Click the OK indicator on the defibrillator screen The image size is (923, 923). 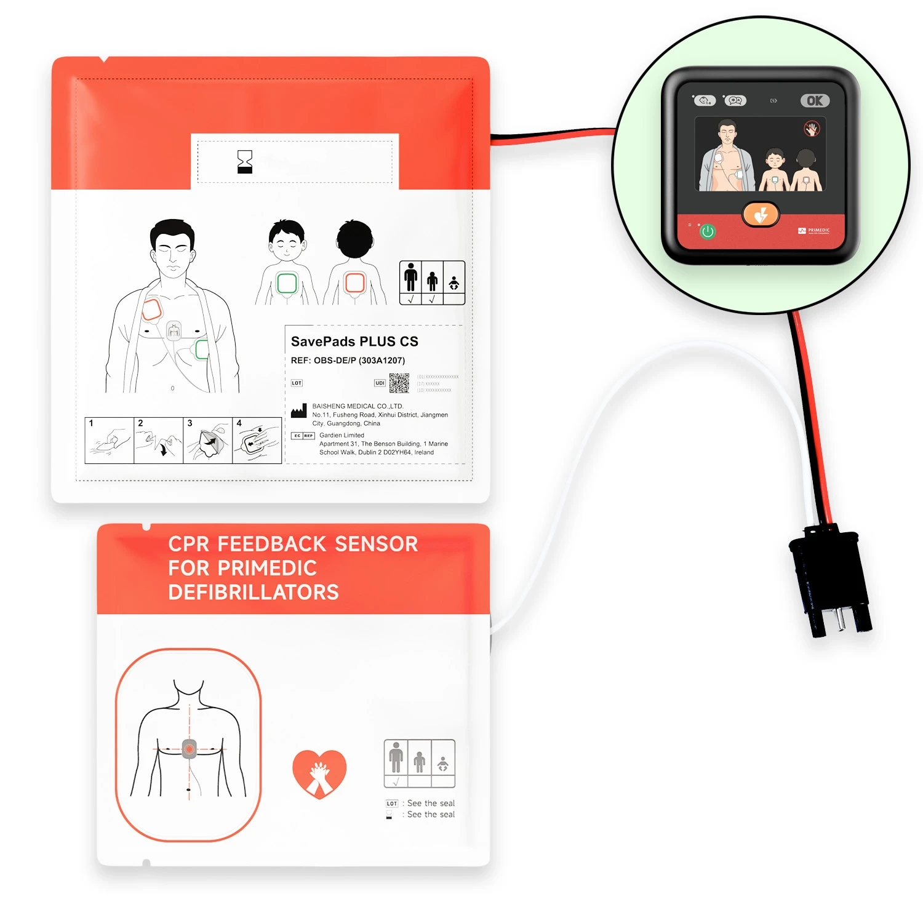tap(815, 101)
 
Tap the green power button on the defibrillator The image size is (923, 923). tap(708, 231)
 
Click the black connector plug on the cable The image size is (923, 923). tap(830, 579)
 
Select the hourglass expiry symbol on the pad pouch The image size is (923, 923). tap(245, 162)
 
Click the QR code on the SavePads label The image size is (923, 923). tap(399, 383)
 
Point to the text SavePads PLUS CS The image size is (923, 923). tap(354, 342)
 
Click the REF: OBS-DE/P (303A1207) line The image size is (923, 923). tap(348, 361)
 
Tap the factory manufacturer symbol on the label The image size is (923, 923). tap(299, 411)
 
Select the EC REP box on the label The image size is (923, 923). tap(303, 436)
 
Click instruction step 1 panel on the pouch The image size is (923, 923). tap(110, 441)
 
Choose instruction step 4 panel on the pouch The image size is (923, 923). tap(257, 441)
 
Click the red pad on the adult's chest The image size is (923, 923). tap(152, 310)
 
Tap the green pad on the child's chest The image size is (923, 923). tap(287, 283)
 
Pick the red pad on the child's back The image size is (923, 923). tap(355, 282)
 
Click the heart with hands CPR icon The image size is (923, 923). tap(319, 773)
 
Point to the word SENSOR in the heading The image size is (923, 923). tap(376, 544)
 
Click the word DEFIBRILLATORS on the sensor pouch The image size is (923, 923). tap(254, 592)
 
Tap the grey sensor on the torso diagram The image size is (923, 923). tap(189, 749)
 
